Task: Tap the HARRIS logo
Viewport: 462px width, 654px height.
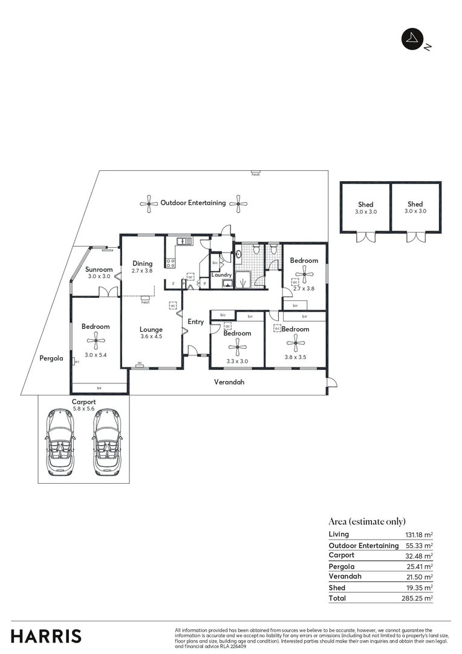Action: click(x=46, y=636)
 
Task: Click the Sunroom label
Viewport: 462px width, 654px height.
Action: click(x=99, y=269)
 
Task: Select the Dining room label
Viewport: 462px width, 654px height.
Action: click(x=143, y=263)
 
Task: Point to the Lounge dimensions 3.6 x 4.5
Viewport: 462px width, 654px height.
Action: click(x=151, y=337)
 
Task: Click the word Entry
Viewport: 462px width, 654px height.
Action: click(x=195, y=322)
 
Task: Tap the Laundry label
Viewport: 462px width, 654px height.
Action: click(x=222, y=275)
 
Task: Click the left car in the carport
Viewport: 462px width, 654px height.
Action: click(x=60, y=442)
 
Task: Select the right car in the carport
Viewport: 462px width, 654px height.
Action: click(x=106, y=442)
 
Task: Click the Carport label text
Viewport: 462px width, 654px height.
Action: click(x=84, y=401)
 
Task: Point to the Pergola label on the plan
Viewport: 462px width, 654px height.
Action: click(x=51, y=358)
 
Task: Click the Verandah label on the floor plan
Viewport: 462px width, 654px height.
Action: click(x=230, y=382)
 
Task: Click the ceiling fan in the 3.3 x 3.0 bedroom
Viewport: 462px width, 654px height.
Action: click(x=236, y=347)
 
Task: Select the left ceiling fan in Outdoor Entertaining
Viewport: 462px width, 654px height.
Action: click(x=149, y=203)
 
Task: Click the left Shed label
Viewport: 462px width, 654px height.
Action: click(x=365, y=204)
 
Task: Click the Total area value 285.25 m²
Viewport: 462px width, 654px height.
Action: click(x=418, y=598)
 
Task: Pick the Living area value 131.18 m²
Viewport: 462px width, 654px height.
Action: click(x=418, y=535)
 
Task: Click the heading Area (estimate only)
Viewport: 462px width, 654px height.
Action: click(x=366, y=521)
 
